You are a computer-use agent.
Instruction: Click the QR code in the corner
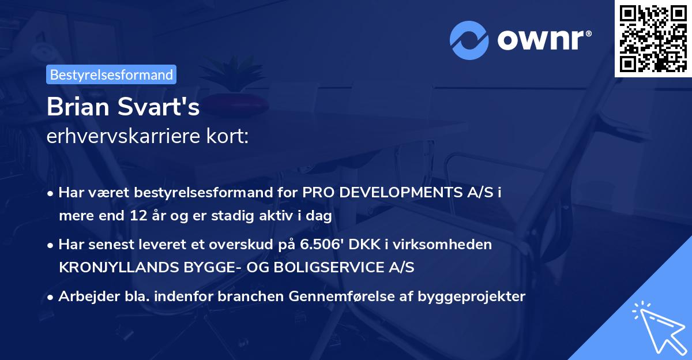pyautogui.click(x=653, y=39)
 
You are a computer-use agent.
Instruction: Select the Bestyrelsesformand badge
pyautogui.click(x=111, y=74)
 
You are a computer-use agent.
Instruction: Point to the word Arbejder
pyautogui.click(x=83, y=297)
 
